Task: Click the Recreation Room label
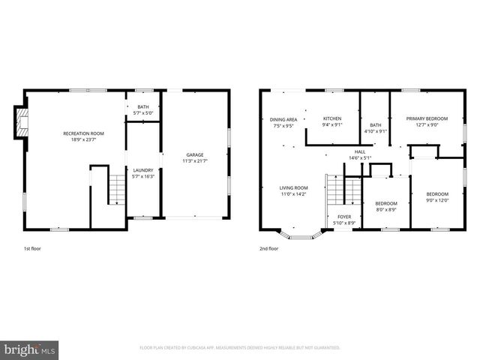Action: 83,133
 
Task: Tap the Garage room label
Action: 195,155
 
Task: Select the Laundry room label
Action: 142,170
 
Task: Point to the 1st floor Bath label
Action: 142,107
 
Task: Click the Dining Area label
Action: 284,119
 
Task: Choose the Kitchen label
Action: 332,118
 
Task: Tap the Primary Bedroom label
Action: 427,118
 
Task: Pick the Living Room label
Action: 294,187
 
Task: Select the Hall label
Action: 360,152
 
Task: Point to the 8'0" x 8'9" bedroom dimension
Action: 386,209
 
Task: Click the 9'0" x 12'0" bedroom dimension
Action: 436,199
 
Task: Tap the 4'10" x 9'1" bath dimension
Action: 376,131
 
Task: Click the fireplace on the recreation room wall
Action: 22,122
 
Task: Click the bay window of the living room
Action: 301,234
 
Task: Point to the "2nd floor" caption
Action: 268,247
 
